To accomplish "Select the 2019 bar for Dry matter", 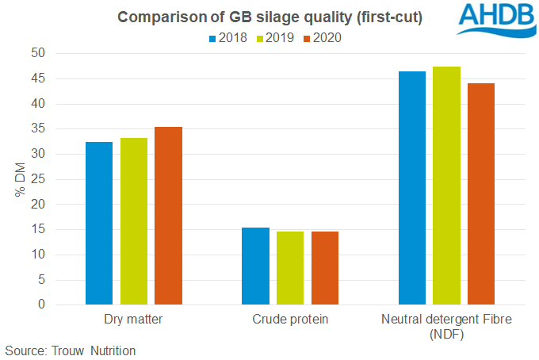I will [x=134, y=221].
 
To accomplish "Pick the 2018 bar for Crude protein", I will [x=255, y=266].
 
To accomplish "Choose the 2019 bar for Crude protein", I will [x=290, y=268].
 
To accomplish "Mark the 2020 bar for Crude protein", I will [x=324, y=268].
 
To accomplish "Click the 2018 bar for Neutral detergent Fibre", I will [x=412, y=188].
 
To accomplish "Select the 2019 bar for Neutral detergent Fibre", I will [x=447, y=186].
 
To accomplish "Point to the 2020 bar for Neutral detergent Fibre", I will [x=481, y=194].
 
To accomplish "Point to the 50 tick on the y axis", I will [x=60, y=53].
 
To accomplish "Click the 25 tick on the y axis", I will [x=60, y=179].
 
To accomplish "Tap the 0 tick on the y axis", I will [x=64, y=305].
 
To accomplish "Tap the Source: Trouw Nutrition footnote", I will [x=71, y=350].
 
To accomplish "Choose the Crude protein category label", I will [x=290, y=320].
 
